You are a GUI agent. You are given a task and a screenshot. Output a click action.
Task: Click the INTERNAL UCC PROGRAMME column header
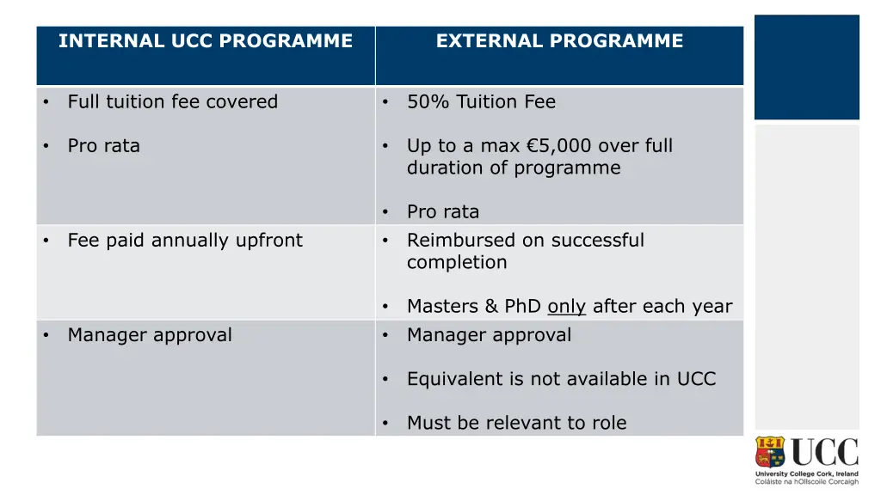coord(206,41)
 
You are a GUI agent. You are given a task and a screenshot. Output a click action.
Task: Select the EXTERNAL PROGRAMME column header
coord(559,41)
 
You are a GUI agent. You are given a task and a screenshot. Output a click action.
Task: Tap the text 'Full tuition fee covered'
coord(173,101)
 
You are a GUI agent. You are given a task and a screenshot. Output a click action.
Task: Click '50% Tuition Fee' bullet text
coord(481,101)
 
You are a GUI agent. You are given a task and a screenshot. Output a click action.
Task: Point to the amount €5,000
coord(557,145)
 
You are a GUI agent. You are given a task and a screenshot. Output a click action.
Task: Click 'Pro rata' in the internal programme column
coord(103,145)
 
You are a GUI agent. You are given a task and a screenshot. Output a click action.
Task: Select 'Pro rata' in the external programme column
coord(443,211)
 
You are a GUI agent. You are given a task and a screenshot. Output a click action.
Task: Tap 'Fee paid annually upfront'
coord(185,240)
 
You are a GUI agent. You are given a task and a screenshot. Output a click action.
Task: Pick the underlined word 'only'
coord(566,306)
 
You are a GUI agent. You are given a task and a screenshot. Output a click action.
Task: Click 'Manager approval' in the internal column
coord(150,334)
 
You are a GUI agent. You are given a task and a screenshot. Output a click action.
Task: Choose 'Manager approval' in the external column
coord(489,334)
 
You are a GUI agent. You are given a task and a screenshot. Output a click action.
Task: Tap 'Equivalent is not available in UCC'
coord(561,378)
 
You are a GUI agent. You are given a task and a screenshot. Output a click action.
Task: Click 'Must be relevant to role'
coord(516,422)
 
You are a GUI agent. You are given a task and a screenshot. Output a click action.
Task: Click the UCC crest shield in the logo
coord(771,452)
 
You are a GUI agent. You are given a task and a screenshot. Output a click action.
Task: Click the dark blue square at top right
coord(806,67)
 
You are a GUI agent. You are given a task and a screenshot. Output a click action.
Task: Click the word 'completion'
coord(457,262)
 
